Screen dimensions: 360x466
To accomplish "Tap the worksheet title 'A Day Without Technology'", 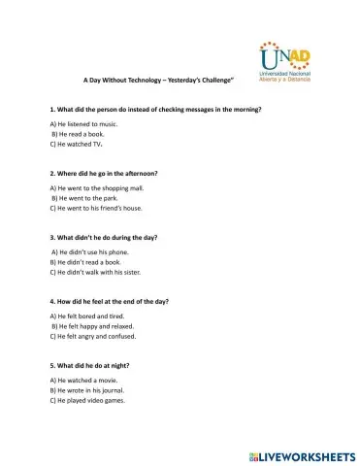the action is pyautogui.click(x=162, y=80).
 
